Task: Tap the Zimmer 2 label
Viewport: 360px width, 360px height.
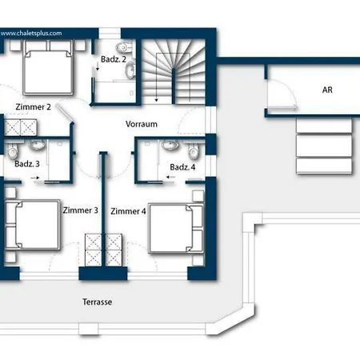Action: click(x=33, y=106)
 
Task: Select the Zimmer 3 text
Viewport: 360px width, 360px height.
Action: click(x=80, y=210)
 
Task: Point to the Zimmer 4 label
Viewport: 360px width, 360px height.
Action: click(x=128, y=211)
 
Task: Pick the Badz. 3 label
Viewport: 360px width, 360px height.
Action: click(x=27, y=164)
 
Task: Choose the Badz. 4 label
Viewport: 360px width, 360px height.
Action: click(x=182, y=166)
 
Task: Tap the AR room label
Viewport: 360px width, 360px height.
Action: click(x=327, y=90)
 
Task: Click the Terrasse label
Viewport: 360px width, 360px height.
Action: click(x=97, y=302)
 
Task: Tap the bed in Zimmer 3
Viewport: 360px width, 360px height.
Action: click(x=31, y=228)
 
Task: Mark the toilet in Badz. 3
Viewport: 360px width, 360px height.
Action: click(x=34, y=145)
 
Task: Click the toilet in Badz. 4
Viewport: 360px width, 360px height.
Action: click(x=170, y=146)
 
